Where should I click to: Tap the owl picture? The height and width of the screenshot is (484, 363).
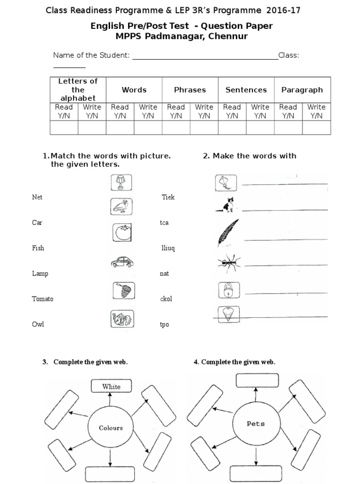(x=122, y=207)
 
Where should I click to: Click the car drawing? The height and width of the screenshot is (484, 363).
(x=122, y=262)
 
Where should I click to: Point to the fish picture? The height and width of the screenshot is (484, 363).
(x=122, y=319)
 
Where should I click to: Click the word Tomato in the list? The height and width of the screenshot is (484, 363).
(x=43, y=299)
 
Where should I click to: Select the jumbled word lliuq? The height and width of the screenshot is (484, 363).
(x=168, y=248)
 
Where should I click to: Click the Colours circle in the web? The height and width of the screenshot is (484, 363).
(x=111, y=428)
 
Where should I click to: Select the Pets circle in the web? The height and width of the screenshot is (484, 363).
(x=256, y=423)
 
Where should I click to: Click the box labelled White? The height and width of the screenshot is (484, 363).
(x=112, y=386)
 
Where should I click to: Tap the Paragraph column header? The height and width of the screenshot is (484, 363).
(x=302, y=90)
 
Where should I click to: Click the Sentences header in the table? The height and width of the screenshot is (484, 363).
(x=246, y=90)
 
